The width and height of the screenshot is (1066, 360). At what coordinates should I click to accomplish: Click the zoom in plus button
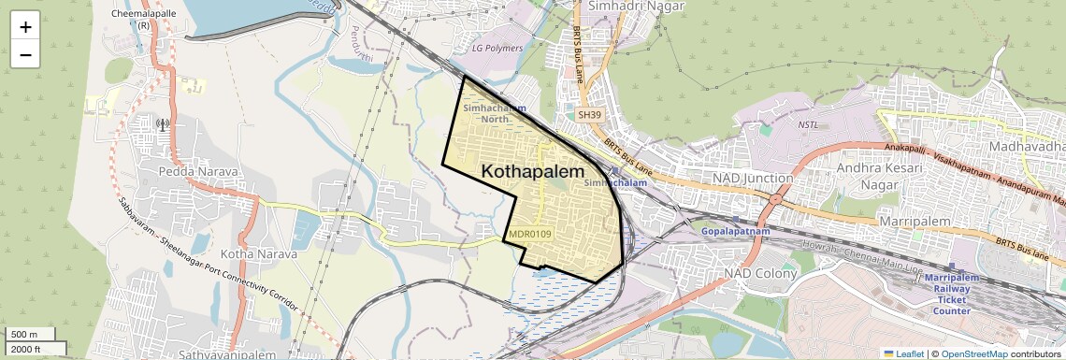tap(25, 27)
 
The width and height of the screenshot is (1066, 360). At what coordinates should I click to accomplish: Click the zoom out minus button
tap(25, 54)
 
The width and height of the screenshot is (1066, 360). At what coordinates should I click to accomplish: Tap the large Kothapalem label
tap(533, 172)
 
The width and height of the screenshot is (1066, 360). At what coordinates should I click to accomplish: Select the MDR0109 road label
tap(530, 234)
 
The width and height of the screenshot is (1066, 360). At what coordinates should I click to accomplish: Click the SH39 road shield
tap(588, 114)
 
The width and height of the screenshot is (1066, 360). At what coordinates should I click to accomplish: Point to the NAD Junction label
tap(753, 178)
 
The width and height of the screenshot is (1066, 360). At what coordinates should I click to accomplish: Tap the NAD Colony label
tap(761, 274)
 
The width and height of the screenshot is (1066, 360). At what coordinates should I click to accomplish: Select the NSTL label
tap(808, 124)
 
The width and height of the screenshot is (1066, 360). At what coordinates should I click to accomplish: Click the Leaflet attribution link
tap(903, 353)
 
